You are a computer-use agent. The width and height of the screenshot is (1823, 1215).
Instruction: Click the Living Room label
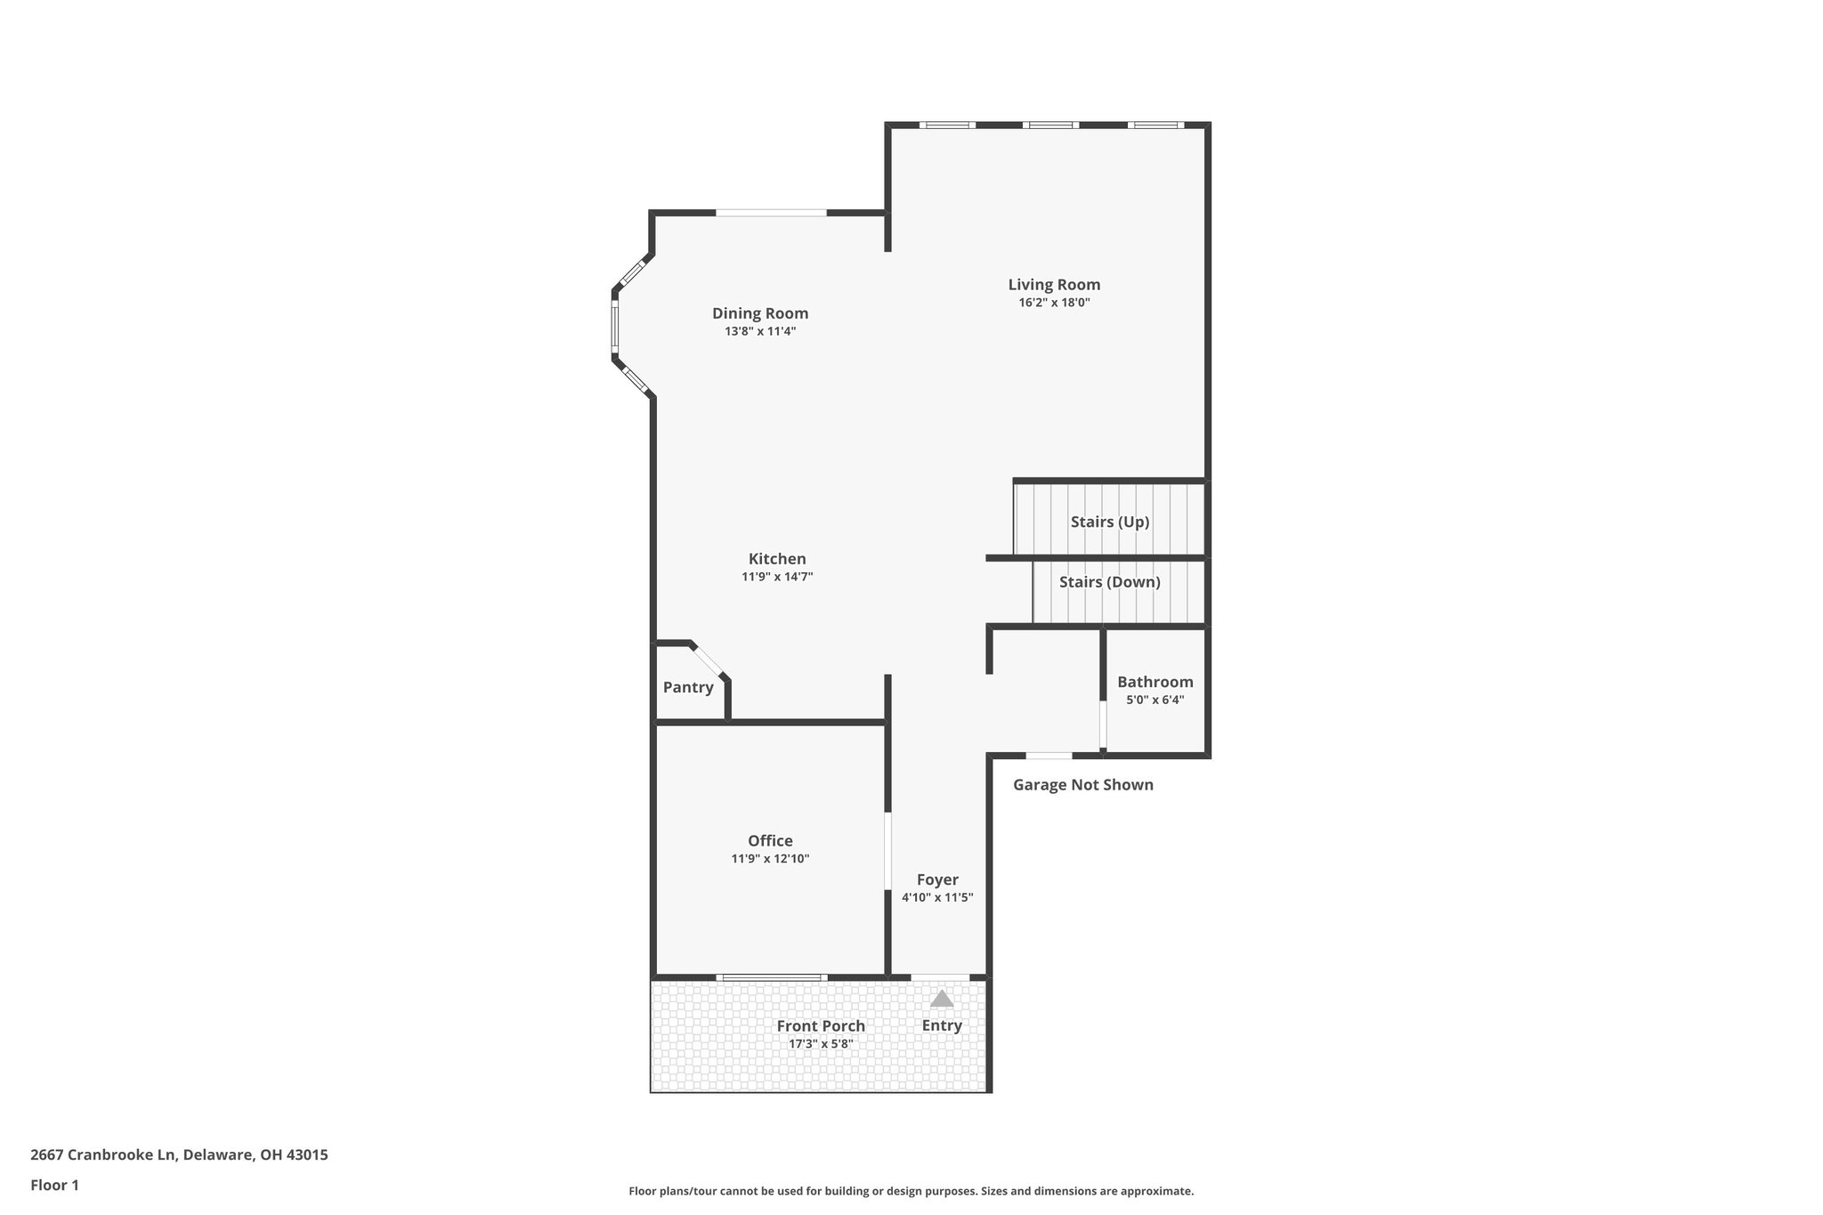pos(1054,285)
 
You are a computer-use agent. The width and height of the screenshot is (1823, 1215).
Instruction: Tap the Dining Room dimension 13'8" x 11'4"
pos(759,331)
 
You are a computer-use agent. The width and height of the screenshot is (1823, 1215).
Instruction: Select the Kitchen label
pos(777,559)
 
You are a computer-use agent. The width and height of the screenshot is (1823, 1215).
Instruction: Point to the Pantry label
pos(688,687)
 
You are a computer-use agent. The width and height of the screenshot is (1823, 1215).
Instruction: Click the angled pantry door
pos(709,660)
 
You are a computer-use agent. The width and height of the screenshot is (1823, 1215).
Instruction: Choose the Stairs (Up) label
pos(1110,522)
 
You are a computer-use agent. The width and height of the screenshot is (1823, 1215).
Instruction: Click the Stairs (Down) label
pos(1109,582)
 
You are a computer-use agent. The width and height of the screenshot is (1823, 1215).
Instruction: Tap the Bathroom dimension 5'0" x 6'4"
pos(1155,700)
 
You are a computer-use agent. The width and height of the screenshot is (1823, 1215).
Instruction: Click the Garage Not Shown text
pos(1082,784)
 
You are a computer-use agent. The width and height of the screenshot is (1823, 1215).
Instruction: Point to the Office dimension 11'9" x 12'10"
pos(770,859)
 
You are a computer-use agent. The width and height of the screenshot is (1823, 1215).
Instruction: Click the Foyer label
pos(937,879)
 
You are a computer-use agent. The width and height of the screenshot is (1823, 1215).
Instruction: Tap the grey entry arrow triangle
pos(942,999)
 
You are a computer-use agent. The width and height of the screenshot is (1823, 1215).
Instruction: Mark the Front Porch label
pos(820,1025)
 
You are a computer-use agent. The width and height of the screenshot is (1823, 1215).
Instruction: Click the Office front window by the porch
pos(770,977)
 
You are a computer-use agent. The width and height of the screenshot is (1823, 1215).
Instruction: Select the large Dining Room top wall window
pos(771,213)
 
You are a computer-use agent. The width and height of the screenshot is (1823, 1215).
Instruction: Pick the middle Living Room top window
pos(1050,126)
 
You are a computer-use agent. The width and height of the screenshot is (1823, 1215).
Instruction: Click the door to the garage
pos(1049,756)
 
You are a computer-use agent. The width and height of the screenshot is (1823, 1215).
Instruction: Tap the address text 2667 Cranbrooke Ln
pos(179,1154)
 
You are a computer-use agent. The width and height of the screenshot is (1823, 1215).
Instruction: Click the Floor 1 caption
pos(54,1185)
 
